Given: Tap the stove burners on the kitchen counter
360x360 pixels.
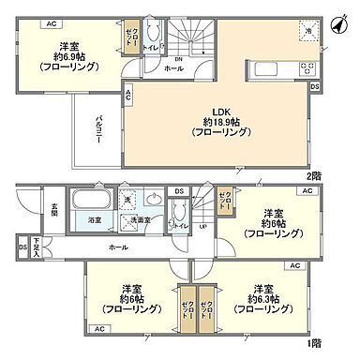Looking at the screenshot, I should pos(307,68).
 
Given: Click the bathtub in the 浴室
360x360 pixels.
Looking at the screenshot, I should pos(92,201).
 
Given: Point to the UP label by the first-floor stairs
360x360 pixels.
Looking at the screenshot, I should pos(203,226).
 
